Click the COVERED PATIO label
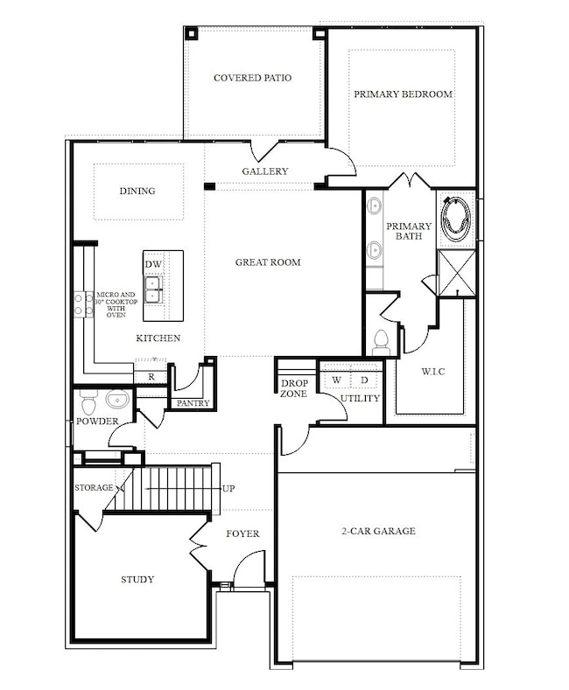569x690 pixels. pyautogui.click(x=252, y=78)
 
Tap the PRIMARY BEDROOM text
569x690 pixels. pyautogui.click(x=403, y=94)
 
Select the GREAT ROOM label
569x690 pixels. pyautogui.click(x=268, y=261)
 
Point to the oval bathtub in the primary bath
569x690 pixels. pyautogui.click(x=455, y=219)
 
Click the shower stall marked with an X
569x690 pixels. pyautogui.click(x=456, y=273)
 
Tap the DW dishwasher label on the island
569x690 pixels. pyautogui.click(x=153, y=264)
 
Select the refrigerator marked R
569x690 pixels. pyautogui.click(x=151, y=377)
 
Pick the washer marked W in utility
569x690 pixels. pyautogui.click(x=336, y=380)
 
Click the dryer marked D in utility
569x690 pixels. pyautogui.click(x=364, y=380)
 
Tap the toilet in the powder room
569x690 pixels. pyautogui.click(x=88, y=404)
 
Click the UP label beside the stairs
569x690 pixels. pyautogui.click(x=228, y=488)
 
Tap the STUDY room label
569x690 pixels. pyautogui.click(x=137, y=579)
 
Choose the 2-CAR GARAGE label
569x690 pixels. pyautogui.click(x=378, y=531)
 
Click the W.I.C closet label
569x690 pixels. pyautogui.click(x=432, y=372)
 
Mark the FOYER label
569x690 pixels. pyautogui.click(x=242, y=533)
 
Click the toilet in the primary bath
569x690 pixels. pyautogui.click(x=381, y=341)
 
